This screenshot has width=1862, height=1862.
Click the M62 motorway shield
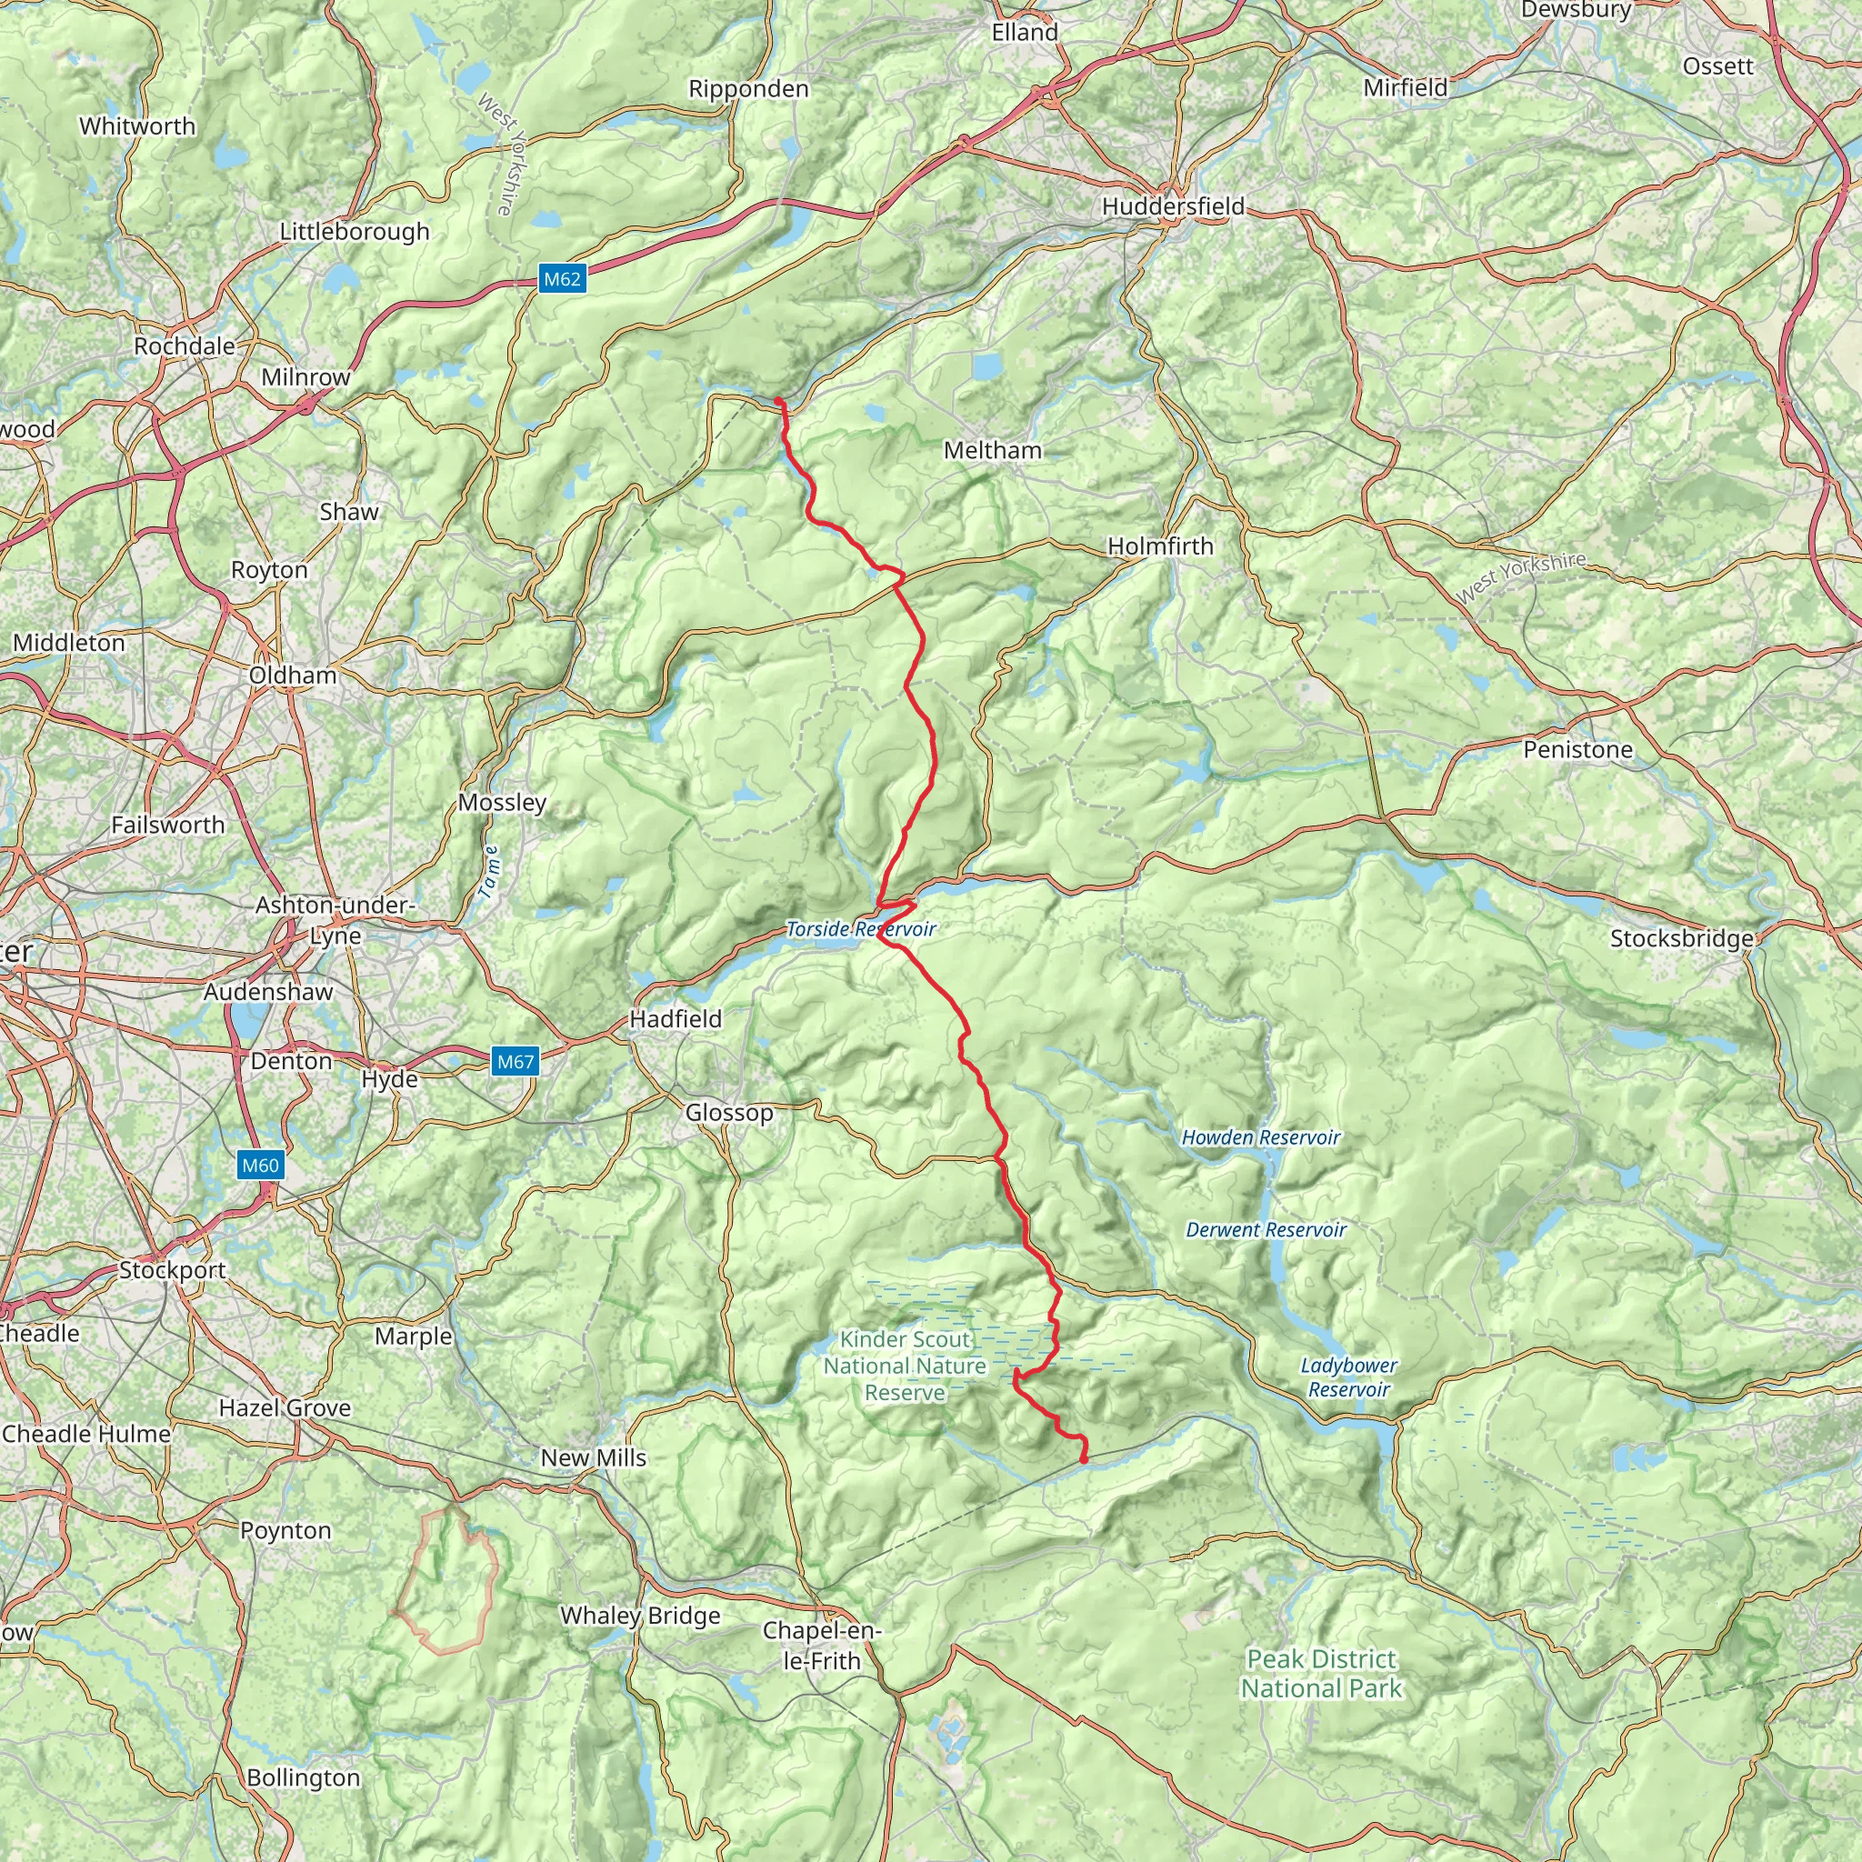(x=562, y=279)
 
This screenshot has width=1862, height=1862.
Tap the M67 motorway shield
(x=515, y=1062)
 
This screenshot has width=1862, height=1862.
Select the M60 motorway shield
(x=260, y=1166)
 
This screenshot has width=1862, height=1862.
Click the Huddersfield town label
(x=1173, y=206)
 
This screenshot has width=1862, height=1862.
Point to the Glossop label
(x=728, y=1112)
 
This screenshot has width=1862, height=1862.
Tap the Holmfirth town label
(x=1159, y=546)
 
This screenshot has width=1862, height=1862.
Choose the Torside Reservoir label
(x=861, y=929)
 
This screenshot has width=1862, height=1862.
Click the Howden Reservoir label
(x=1261, y=1137)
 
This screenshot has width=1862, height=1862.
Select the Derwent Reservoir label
(x=1266, y=1230)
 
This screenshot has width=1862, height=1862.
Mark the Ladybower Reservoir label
(x=1348, y=1377)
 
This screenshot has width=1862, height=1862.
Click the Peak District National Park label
(x=1320, y=1673)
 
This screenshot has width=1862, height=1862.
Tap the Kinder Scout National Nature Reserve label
(x=904, y=1366)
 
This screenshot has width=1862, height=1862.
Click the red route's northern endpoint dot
(x=777, y=401)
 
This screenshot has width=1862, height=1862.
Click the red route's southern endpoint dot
(x=1085, y=1459)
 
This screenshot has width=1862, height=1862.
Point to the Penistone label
(x=1577, y=750)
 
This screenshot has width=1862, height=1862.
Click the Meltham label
(x=992, y=450)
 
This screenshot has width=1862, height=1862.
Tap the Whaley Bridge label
(x=640, y=1616)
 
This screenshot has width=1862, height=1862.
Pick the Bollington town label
(x=303, y=1777)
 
